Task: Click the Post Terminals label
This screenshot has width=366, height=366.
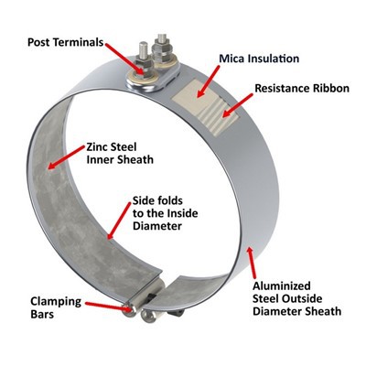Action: click(x=66, y=42)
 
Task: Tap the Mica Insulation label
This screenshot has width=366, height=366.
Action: click(x=259, y=59)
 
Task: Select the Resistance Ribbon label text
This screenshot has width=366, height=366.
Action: click(x=302, y=88)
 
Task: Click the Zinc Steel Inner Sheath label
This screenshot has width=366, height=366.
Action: click(x=120, y=153)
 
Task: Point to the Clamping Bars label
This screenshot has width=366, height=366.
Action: click(x=56, y=307)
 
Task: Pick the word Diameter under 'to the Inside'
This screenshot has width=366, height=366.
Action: click(x=157, y=226)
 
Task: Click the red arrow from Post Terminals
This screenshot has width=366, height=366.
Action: click(x=124, y=59)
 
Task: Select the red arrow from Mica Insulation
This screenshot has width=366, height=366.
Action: click(x=208, y=81)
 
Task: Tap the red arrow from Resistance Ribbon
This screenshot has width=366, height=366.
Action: click(x=237, y=105)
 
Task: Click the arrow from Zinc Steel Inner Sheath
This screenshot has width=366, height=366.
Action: click(x=66, y=157)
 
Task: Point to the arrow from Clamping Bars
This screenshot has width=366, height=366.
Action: click(x=109, y=306)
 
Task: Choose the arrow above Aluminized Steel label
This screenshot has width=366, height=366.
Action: click(x=253, y=263)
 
